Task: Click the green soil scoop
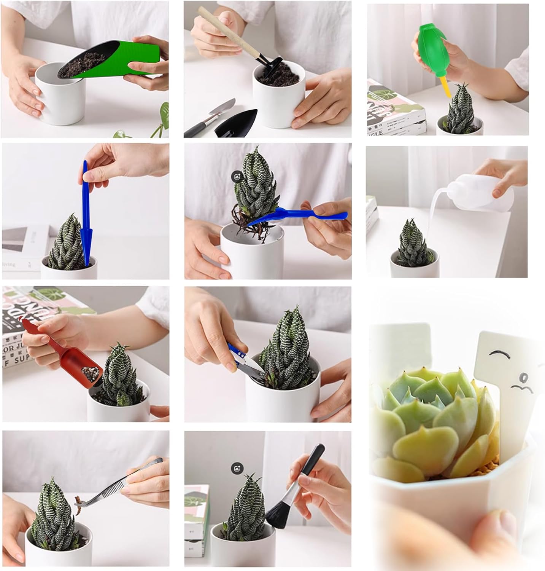(126, 61)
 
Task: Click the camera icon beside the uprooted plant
(237, 176)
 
